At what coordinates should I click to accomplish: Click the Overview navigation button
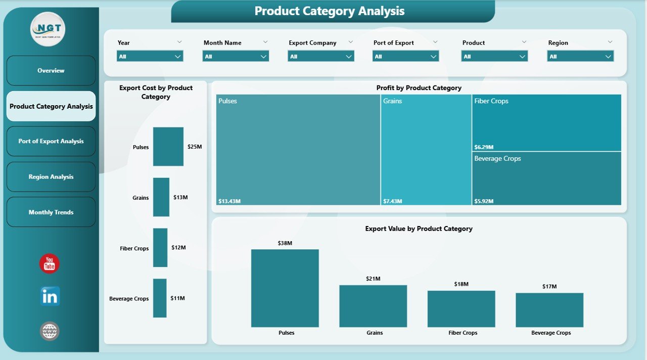(51, 71)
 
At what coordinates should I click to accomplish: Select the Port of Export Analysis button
(51, 142)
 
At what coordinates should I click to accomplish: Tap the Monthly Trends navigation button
(51, 212)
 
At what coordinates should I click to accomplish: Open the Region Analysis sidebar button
(51, 177)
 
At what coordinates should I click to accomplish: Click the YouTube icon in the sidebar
(50, 264)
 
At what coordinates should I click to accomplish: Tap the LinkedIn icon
(50, 296)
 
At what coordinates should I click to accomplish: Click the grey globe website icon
(50, 331)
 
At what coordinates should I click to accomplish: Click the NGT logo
(48, 29)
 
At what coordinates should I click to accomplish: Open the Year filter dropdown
(150, 57)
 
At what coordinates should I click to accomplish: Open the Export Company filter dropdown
(321, 57)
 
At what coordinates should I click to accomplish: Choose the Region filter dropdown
(580, 57)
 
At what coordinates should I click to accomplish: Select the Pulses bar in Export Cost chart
(168, 147)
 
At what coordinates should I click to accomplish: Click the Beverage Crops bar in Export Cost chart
(160, 298)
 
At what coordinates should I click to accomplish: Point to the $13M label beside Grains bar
(180, 197)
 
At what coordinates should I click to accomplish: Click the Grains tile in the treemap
(426, 150)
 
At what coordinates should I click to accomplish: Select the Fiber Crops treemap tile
(546, 123)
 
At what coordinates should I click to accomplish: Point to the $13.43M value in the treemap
(229, 201)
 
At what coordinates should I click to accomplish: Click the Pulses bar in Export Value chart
(285, 288)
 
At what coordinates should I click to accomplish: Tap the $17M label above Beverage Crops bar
(549, 287)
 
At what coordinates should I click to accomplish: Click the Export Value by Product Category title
(419, 229)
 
